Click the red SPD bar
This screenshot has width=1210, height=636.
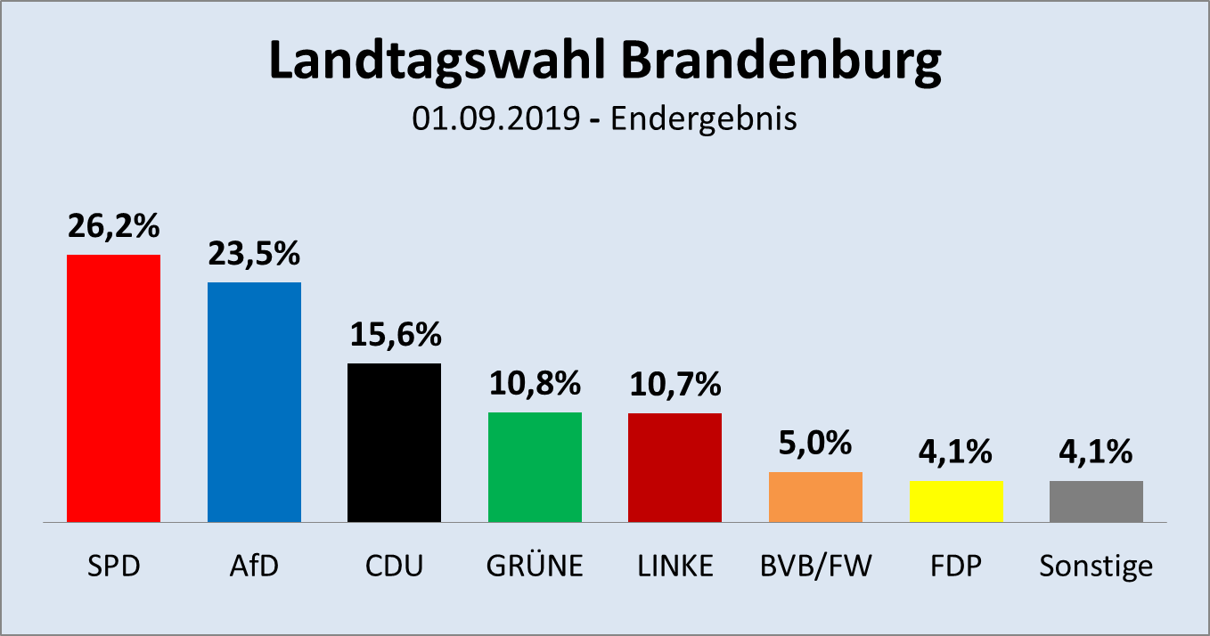[114, 387]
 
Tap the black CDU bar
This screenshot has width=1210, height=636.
[394, 442]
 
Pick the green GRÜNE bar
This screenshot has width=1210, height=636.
[535, 467]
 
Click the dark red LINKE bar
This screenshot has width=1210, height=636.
[674, 467]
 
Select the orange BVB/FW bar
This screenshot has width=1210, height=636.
[815, 496]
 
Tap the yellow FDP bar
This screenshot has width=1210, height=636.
[956, 501]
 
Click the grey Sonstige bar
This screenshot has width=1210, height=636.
[1096, 501]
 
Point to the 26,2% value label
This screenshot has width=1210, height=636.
[114, 227]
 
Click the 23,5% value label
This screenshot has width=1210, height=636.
[254, 255]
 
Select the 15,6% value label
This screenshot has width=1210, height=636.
[395, 336]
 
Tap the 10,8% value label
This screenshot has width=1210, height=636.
[535, 385]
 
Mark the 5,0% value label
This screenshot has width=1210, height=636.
[815, 444]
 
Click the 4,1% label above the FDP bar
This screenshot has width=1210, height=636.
[956, 453]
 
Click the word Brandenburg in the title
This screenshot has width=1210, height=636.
[779, 62]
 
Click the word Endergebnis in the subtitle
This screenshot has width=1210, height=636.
[703, 119]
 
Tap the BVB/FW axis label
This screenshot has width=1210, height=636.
[815, 567]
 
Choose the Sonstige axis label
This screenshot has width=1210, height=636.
[1096, 567]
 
